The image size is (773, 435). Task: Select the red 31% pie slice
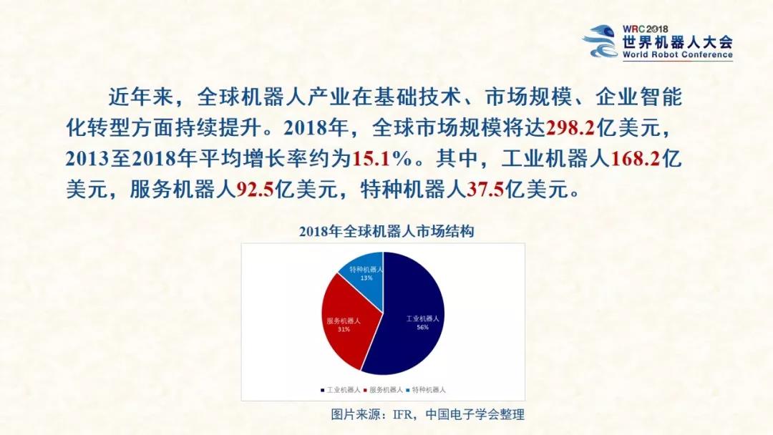tap(348, 321)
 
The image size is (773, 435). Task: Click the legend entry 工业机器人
tap(340, 390)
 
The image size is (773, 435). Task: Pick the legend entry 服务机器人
tap(383, 390)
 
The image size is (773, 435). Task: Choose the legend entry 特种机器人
tap(426, 390)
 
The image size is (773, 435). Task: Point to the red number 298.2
tap(571, 128)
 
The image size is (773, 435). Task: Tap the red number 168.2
tap(636, 159)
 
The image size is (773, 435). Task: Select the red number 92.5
tap(256, 190)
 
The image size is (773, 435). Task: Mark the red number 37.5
tap(485, 190)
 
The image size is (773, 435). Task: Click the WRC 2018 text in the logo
tap(645, 29)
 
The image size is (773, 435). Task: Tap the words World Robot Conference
tap(677, 54)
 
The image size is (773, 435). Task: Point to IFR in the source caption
tap(402, 415)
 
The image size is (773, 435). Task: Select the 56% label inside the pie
tap(422, 327)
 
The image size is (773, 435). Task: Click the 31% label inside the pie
tap(344, 329)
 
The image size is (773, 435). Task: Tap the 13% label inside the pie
tap(366, 278)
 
